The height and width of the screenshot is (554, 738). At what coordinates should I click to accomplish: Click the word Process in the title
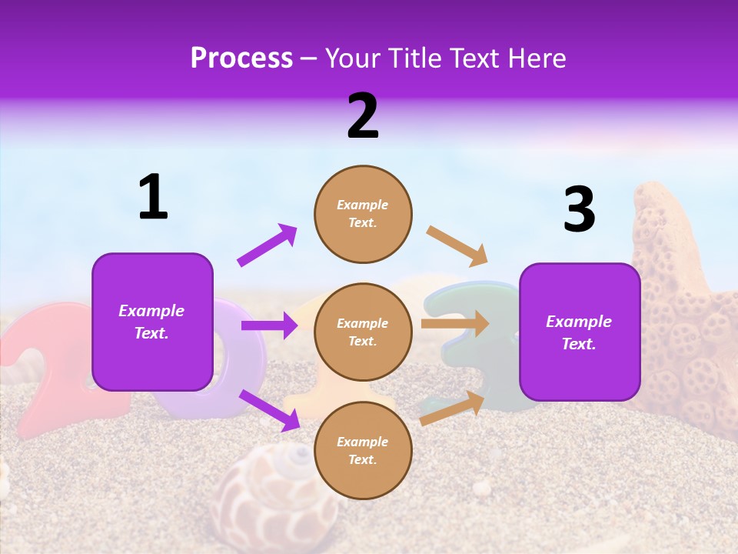point(241,58)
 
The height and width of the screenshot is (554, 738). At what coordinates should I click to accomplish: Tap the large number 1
point(153,197)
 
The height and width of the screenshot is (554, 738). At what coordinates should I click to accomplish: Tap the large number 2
point(363,115)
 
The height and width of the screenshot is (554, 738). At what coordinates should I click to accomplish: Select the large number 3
point(579,210)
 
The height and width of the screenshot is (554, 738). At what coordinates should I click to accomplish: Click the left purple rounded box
point(152,322)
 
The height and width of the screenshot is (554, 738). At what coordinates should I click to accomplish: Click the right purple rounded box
point(580,332)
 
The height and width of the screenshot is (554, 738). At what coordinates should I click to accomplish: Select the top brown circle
point(363,214)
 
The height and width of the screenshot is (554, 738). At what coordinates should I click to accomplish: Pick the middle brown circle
point(363,332)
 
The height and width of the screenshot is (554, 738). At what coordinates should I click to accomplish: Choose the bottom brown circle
point(363,450)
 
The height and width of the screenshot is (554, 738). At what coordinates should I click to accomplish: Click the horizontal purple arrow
point(269,325)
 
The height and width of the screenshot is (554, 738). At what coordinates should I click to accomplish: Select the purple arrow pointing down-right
point(269,410)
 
